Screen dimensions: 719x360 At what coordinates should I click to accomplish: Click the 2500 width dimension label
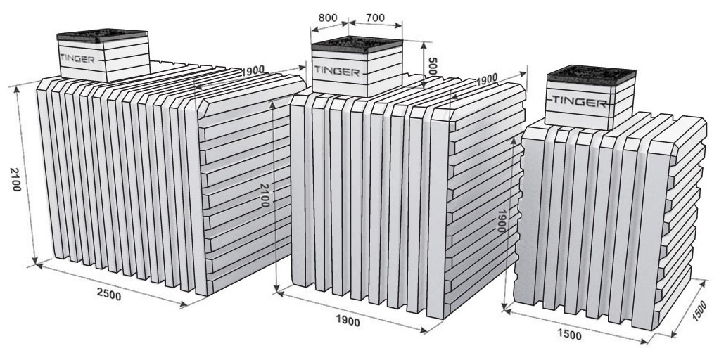[109, 295]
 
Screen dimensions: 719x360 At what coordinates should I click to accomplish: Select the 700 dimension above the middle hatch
[376, 18]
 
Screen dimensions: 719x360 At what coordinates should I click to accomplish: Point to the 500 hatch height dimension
[431, 66]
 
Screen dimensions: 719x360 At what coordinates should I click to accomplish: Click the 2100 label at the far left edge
[15, 179]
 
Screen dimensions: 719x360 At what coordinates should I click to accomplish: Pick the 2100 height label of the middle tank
[265, 195]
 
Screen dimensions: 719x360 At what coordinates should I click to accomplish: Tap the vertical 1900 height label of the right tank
[501, 221]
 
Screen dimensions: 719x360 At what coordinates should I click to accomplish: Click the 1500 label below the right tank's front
[570, 335]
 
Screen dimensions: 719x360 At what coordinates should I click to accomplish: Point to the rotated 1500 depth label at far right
[700, 311]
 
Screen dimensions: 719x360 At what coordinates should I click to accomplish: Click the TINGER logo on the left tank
[77, 59]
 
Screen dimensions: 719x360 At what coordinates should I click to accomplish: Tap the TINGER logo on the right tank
[580, 101]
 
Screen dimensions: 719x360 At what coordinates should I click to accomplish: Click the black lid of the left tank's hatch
[102, 35]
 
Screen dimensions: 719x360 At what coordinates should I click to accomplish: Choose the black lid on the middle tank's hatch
[357, 44]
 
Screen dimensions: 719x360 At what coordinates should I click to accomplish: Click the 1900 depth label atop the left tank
[253, 70]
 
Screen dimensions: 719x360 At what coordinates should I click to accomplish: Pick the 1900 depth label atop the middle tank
[487, 79]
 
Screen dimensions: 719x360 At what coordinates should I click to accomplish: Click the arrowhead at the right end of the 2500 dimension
[184, 303]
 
